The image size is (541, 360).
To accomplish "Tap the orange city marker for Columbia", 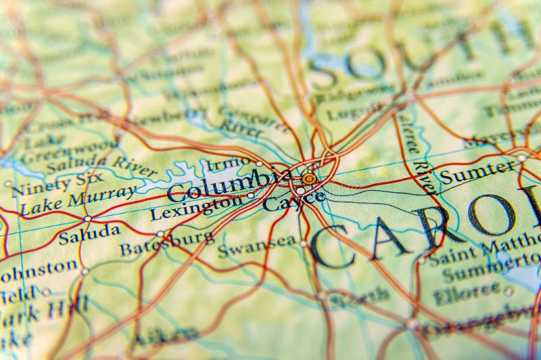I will (309, 179).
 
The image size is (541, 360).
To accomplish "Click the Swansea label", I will (256, 246).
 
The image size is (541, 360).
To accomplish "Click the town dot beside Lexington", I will (250, 196).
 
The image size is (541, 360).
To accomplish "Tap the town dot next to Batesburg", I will (160, 234).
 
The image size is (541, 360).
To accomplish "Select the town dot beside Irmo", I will (259, 163).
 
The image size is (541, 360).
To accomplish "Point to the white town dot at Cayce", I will (300, 191).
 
